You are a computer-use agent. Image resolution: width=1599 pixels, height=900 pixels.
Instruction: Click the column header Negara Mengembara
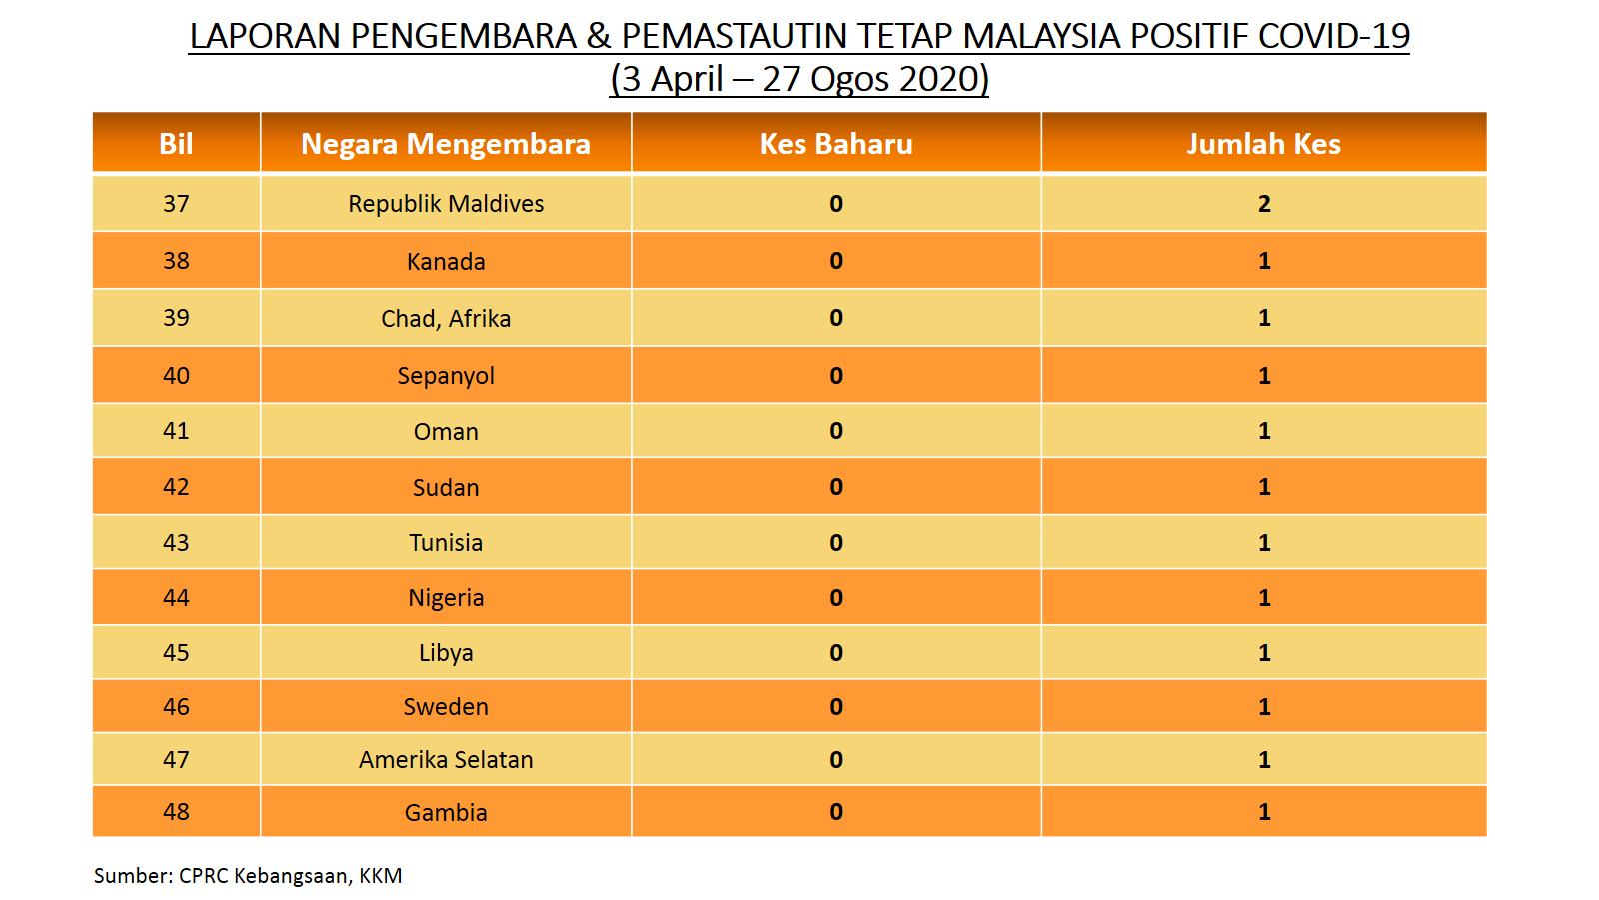[446, 144]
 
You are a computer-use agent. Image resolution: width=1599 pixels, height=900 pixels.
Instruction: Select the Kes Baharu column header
[835, 144]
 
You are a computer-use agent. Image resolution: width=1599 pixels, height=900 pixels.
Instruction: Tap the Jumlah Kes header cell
[1263, 144]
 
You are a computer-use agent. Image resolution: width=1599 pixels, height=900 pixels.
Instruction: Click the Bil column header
[176, 144]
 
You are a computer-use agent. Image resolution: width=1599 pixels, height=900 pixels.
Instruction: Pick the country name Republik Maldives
[446, 204]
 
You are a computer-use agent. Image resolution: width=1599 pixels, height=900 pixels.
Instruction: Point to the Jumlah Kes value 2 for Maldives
[1264, 204]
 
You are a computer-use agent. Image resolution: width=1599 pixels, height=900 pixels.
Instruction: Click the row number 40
[176, 376]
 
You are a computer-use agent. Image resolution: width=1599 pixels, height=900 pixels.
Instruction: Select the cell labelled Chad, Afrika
[446, 319]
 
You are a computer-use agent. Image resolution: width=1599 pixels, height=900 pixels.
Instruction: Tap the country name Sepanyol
[446, 376]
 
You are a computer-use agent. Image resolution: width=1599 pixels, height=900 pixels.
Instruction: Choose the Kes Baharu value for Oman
[836, 431]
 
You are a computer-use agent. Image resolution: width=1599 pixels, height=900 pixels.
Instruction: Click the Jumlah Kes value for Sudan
[1264, 487]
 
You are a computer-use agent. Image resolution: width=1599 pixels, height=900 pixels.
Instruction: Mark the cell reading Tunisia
[446, 543]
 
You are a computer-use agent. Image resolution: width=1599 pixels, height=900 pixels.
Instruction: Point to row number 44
[176, 597]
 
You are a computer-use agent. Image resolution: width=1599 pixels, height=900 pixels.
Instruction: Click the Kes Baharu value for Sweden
[836, 706]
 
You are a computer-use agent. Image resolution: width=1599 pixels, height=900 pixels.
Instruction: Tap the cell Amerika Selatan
[446, 760]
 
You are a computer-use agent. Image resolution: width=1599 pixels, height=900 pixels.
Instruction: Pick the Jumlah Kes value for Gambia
[1264, 811]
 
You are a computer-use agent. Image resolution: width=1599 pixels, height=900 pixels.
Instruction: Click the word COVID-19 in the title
[1333, 36]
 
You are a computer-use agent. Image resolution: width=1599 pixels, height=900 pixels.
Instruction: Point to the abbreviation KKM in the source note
[381, 876]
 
